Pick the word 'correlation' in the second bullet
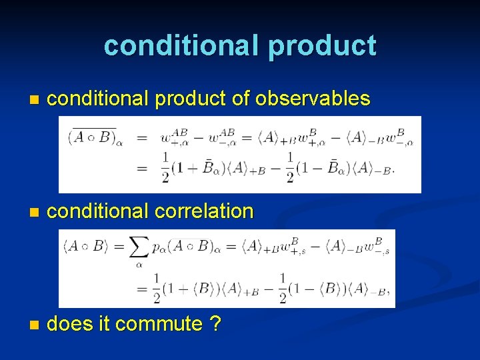[x=204, y=211]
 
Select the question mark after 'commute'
[x=215, y=324]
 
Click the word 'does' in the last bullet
[x=69, y=324]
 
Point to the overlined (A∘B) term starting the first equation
[x=92, y=138]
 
